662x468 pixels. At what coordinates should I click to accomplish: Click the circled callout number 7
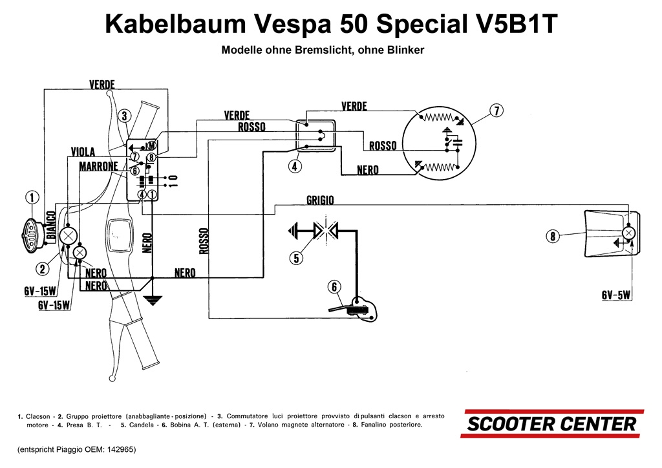point(496,111)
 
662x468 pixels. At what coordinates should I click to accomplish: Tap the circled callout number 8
point(552,237)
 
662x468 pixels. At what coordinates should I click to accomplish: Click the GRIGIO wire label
point(320,200)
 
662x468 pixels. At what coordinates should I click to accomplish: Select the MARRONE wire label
point(98,167)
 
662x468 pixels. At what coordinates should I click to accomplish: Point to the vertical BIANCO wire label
point(49,226)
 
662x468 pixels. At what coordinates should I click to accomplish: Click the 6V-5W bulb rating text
point(616,295)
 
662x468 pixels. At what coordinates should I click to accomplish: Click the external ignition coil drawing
point(356,308)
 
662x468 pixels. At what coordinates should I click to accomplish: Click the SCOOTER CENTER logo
point(552,424)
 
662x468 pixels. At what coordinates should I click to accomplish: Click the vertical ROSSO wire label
point(204,240)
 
